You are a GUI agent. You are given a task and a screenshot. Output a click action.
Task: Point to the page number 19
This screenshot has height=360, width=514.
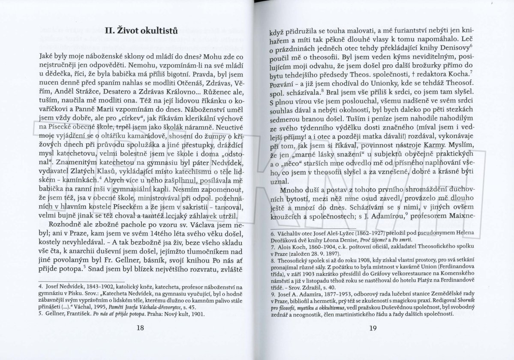[373, 329]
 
